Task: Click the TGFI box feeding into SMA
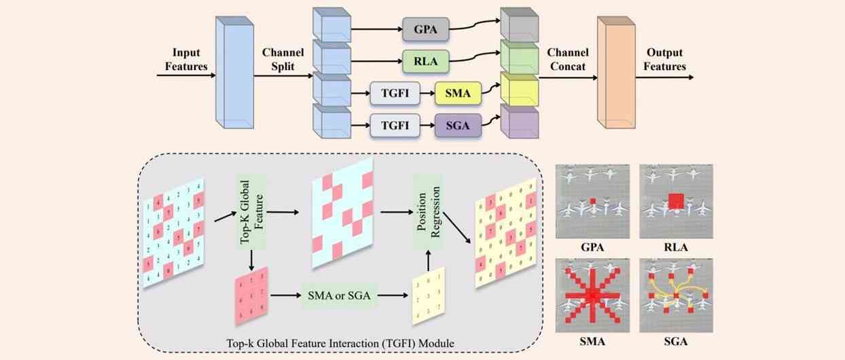pos(393,93)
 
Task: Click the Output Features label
pos(665,59)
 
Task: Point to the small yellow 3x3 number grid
pos(427,297)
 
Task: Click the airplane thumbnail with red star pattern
pos(593,294)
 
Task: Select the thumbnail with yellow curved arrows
pos(676,294)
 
